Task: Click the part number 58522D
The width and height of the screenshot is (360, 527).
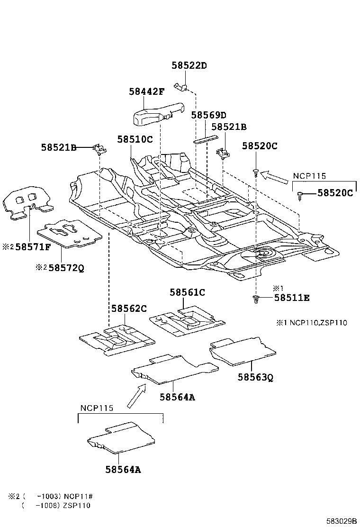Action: tap(189, 66)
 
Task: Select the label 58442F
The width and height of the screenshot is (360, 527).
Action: tap(146, 91)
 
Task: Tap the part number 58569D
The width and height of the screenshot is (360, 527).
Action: tap(209, 115)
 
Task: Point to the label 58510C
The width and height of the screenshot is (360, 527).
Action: tap(135, 139)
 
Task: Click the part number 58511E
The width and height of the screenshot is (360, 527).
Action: tap(292, 298)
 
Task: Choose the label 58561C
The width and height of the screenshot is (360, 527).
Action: tap(188, 292)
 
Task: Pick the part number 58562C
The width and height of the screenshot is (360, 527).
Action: tap(129, 309)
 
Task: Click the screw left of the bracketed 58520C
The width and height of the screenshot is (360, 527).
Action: tap(300, 194)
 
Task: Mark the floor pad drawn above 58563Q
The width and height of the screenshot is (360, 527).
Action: tap(242, 352)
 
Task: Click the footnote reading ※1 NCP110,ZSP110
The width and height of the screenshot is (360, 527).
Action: tap(312, 323)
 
